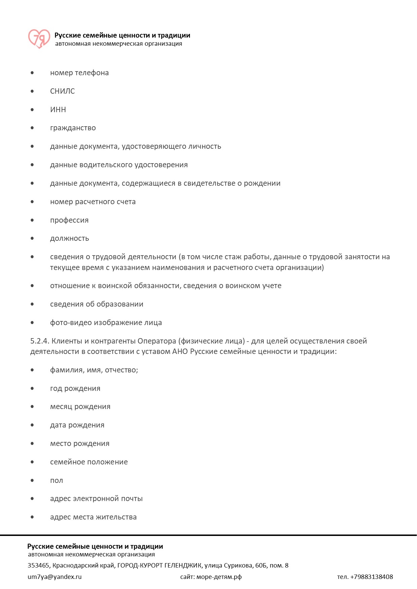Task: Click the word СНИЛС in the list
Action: point(63,91)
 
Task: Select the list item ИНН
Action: point(58,110)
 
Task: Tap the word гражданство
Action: point(73,128)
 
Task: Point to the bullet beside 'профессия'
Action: point(32,220)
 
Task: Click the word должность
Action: point(70,238)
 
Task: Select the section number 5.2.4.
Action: point(40,341)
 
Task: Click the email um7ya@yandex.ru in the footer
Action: point(54,577)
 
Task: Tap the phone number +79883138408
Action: point(372,577)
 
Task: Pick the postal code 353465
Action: point(38,565)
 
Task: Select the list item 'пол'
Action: point(56,481)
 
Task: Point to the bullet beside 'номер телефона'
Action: point(32,73)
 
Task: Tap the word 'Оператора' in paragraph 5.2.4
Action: point(157,341)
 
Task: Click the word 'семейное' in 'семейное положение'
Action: point(67,462)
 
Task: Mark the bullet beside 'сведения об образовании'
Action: point(32,304)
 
